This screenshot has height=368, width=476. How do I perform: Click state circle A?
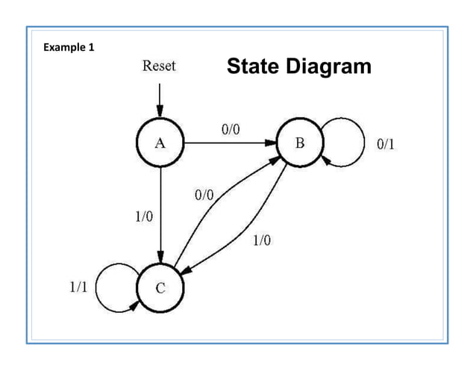[160, 144]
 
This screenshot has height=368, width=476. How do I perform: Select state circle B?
[299, 143]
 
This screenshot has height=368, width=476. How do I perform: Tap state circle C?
[160, 288]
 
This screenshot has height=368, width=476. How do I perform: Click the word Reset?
[159, 66]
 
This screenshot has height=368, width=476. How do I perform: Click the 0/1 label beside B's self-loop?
[385, 144]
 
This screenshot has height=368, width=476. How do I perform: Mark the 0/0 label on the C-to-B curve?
[203, 196]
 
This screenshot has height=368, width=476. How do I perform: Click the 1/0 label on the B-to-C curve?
[262, 240]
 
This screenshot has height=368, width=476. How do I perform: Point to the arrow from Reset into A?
[159, 97]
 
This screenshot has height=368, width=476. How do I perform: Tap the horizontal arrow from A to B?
[228, 143]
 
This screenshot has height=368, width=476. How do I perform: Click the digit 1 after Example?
[92, 48]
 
